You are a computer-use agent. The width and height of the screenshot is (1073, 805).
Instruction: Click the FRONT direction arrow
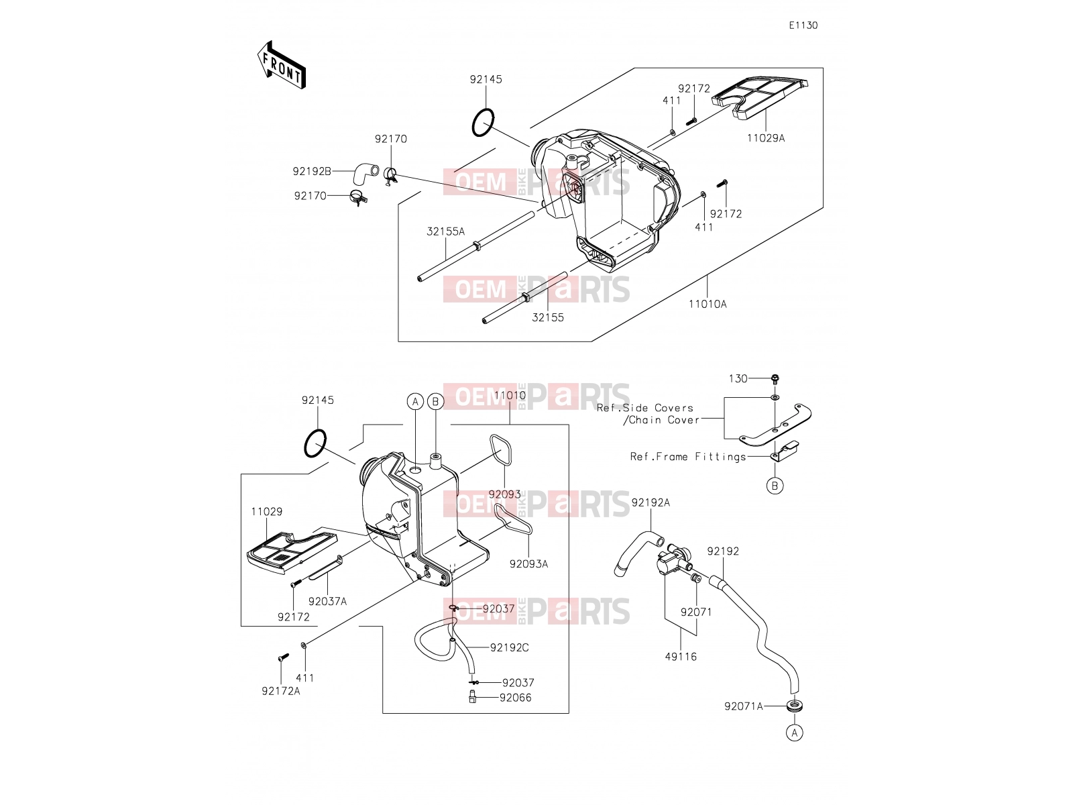282,64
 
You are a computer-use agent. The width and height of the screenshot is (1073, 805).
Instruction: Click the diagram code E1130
803,25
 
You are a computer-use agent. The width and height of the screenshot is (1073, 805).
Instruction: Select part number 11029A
766,138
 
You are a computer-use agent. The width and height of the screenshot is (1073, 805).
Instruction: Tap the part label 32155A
445,231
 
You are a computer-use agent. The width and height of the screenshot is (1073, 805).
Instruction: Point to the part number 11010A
708,304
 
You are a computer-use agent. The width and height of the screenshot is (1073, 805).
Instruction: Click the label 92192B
312,172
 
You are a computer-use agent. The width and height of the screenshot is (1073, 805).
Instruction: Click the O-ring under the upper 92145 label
483,123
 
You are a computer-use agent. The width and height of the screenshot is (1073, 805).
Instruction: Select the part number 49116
681,657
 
